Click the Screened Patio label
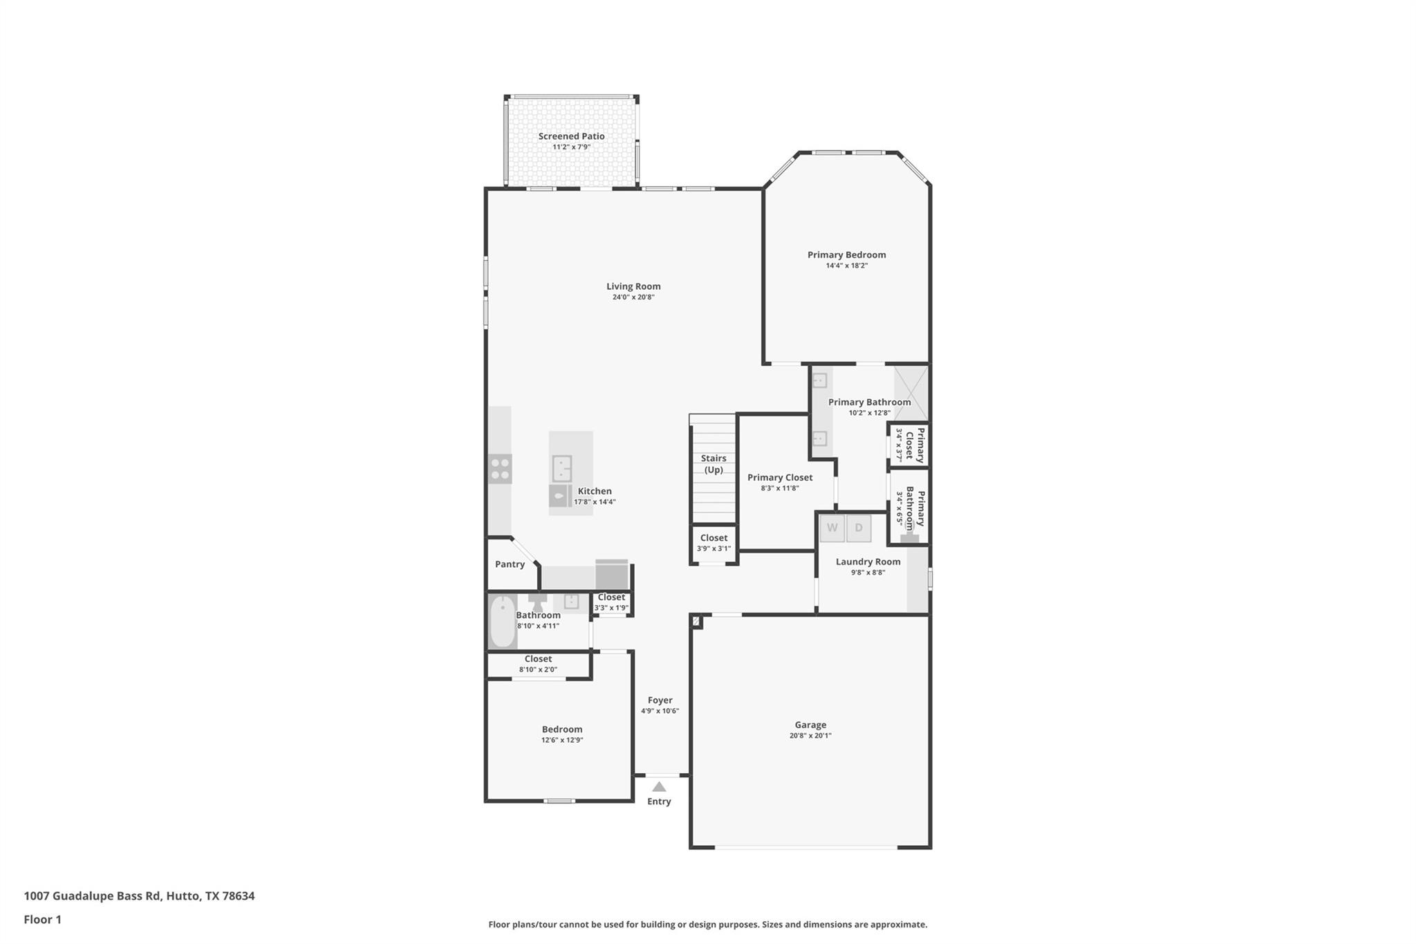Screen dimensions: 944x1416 571,136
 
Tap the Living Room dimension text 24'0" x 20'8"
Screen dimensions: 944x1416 633,297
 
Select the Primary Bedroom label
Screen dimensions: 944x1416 846,254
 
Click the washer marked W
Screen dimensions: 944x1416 832,528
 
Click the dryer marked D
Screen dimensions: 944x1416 859,528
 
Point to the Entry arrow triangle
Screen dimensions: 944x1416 659,787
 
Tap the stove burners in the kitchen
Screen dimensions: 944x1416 500,469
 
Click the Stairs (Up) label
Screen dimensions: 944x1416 714,463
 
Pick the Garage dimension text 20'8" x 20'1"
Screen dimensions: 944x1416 810,736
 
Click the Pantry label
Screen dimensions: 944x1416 510,564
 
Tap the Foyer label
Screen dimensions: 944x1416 660,700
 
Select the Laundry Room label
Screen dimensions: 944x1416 868,562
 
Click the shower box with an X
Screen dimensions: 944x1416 911,394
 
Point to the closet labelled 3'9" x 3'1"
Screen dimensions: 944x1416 714,543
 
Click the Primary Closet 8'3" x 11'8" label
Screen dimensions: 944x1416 780,477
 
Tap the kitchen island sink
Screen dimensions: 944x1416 561,468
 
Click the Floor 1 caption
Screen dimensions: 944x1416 43,919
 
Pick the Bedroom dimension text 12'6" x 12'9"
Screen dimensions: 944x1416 562,740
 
